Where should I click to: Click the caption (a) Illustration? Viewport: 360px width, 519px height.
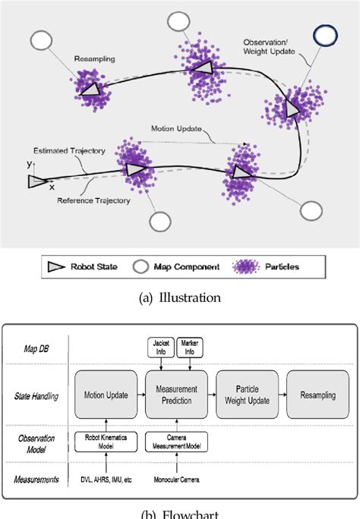pos(181,298)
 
